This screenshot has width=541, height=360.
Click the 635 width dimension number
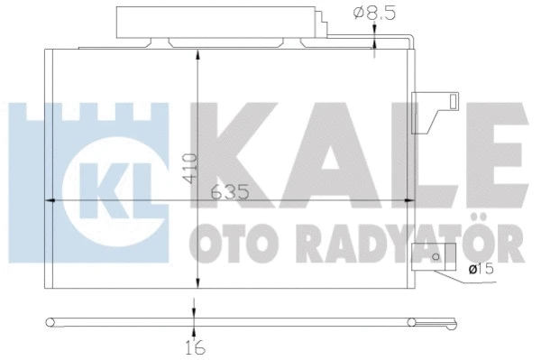[229, 192]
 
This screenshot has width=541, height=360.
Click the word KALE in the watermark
[361, 150]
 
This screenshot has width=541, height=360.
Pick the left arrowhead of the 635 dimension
[52, 200]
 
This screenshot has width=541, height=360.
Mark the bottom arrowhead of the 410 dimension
[194, 282]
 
